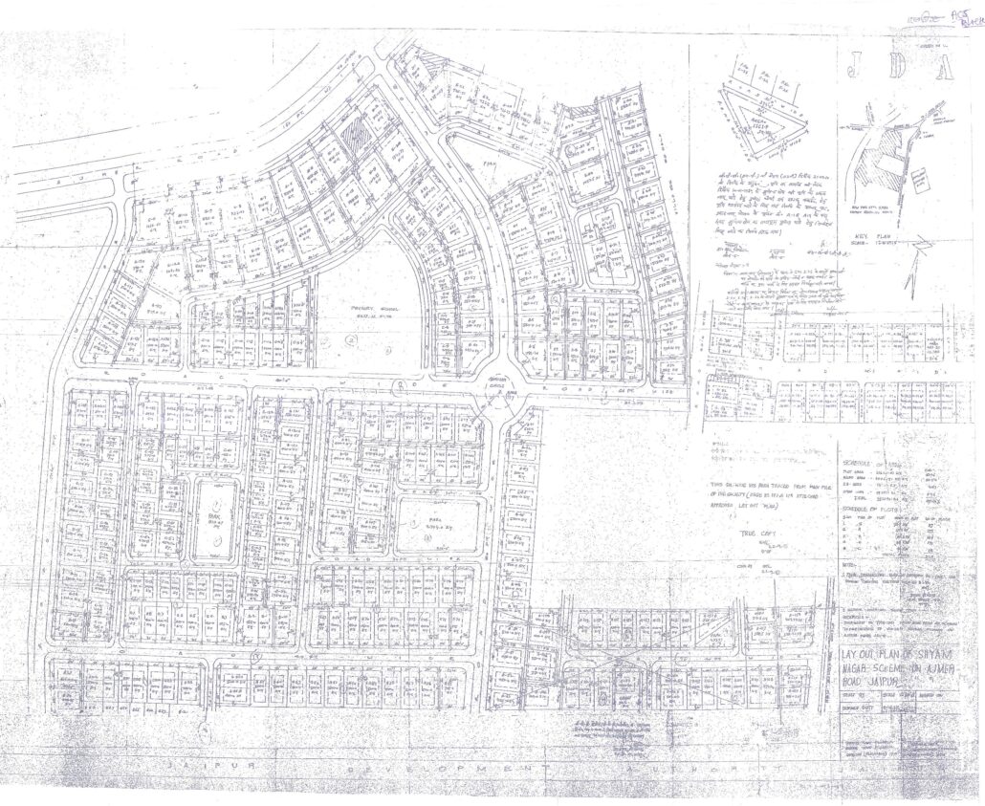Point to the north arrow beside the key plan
click(920, 256)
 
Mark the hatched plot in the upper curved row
click(355, 131)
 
